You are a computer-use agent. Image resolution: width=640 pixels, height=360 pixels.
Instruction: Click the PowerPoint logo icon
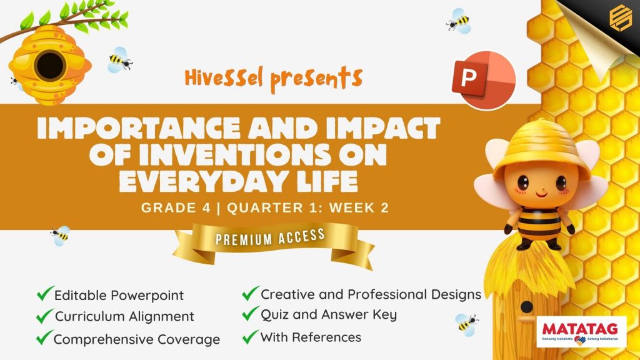pos(484,80)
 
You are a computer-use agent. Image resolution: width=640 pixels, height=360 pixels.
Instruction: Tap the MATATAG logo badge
pos(581,332)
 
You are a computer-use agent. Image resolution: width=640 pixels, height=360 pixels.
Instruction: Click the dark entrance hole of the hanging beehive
pos(50,65)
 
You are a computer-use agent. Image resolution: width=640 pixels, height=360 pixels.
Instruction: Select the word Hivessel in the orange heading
pos(224,78)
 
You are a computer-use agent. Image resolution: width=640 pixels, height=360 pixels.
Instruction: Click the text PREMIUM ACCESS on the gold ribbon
pos(270,237)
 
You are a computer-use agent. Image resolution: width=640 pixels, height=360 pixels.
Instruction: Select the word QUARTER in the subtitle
pos(265,207)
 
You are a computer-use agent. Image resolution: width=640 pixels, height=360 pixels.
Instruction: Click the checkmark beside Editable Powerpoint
pos(45,294)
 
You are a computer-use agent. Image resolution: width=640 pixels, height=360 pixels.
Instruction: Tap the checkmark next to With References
pos(250,337)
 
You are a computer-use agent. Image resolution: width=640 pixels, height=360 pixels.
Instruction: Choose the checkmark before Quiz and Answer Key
pos(250,314)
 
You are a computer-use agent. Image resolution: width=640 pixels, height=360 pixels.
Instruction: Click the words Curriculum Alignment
pos(124,316)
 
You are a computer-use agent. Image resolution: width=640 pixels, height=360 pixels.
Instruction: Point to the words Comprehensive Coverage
pos(137,339)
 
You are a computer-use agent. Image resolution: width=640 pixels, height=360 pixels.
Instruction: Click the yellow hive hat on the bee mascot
pos(542,149)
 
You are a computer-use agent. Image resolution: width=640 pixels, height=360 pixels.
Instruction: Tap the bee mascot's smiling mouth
pos(542,194)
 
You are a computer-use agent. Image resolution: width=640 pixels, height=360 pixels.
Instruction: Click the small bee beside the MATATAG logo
pos(466,324)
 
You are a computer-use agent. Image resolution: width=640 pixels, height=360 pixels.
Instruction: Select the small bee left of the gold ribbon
pos(61,236)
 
